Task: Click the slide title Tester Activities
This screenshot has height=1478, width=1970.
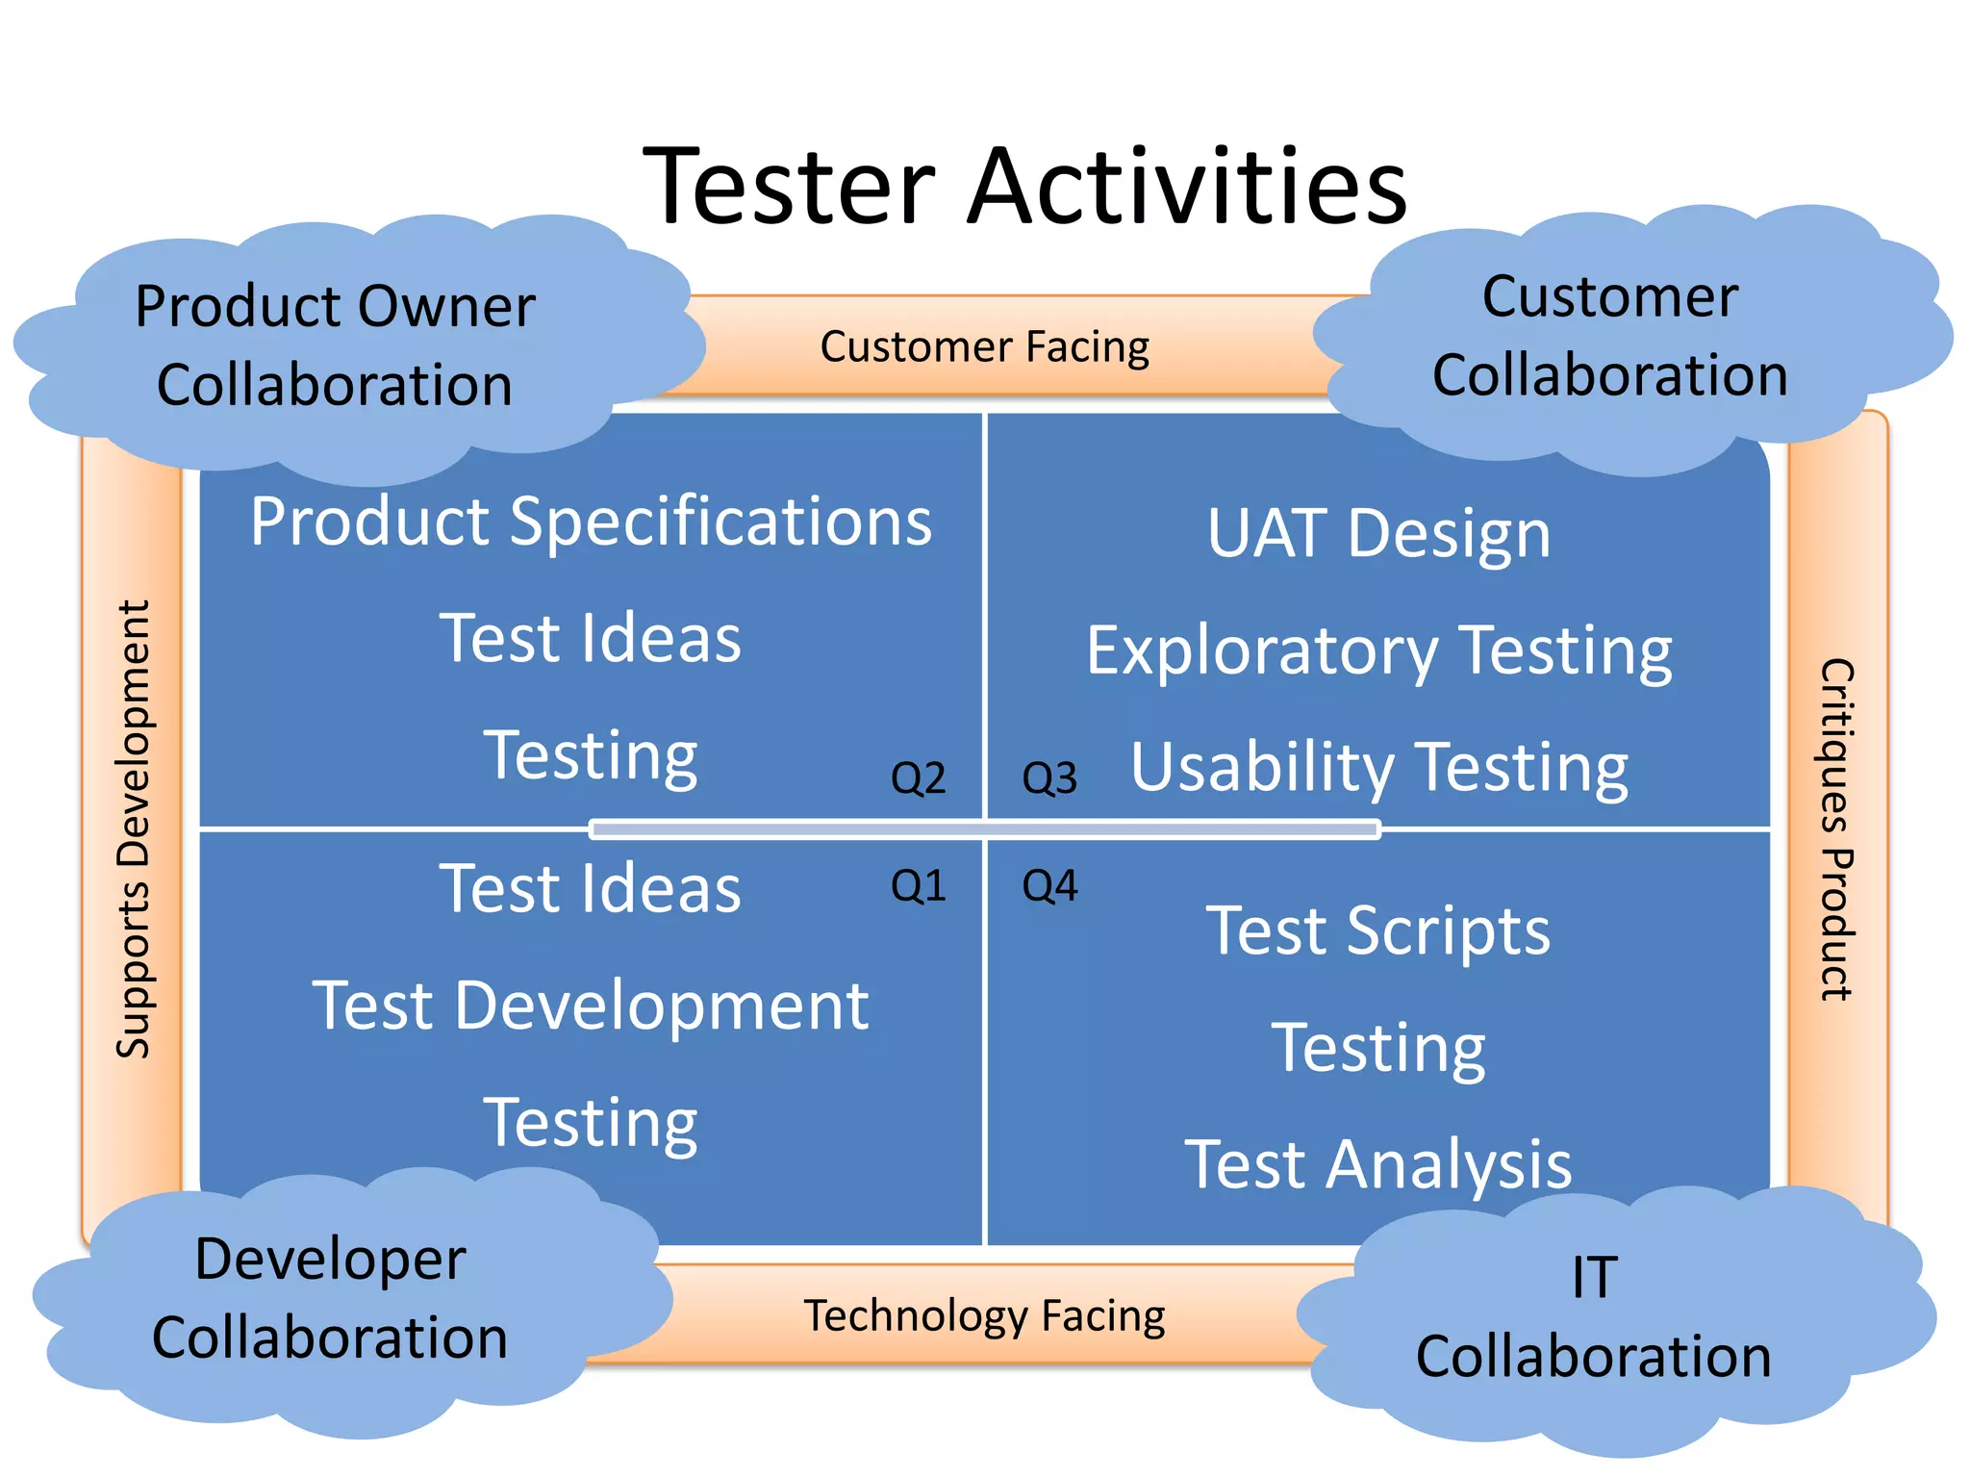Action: (1024, 185)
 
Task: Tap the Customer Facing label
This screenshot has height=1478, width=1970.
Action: (984, 347)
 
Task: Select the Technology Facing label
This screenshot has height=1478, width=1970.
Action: (984, 1315)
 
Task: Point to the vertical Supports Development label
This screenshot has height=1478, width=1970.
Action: (134, 829)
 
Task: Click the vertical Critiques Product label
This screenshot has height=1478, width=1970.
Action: (1835, 829)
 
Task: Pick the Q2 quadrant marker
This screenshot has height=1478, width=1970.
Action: (919, 777)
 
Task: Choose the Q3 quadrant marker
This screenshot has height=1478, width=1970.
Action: (1049, 777)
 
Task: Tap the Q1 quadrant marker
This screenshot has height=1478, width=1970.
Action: (919, 885)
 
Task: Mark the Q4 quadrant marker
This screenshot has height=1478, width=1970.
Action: (1049, 885)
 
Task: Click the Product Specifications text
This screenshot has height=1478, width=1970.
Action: (591, 522)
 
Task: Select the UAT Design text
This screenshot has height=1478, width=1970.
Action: (1378, 534)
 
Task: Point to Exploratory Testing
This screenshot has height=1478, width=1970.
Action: (1378, 651)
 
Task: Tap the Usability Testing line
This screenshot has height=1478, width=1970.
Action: (1378, 768)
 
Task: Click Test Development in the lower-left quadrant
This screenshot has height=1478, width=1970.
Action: (591, 1007)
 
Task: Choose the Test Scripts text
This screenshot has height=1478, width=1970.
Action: (1378, 931)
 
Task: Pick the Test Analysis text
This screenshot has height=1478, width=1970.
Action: (1378, 1165)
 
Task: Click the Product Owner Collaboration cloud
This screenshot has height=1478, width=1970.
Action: (335, 346)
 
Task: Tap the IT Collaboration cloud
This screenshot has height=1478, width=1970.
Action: (1593, 1318)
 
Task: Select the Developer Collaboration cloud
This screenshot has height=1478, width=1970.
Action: (330, 1299)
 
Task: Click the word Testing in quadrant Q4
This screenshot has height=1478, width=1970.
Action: (1378, 1048)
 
